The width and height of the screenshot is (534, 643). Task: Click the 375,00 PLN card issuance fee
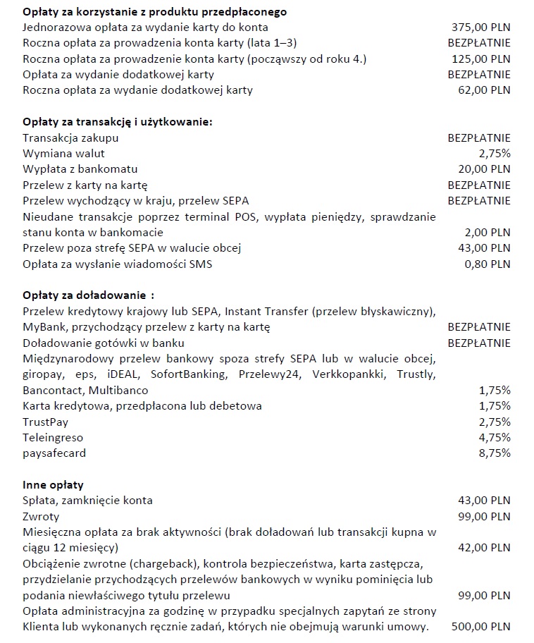coord(480,27)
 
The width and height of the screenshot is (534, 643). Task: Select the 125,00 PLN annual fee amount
coord(480,59)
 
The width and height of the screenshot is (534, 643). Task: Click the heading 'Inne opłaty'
coord(53,485)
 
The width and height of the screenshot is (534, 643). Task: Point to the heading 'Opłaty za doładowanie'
coord(87,295)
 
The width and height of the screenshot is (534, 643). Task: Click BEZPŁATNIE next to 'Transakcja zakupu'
coord(479,138)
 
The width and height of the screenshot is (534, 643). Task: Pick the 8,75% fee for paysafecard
coord(495,453)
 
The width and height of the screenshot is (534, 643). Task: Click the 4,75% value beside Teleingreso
coord(495,438)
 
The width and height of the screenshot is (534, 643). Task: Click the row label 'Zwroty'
coord(41,516)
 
